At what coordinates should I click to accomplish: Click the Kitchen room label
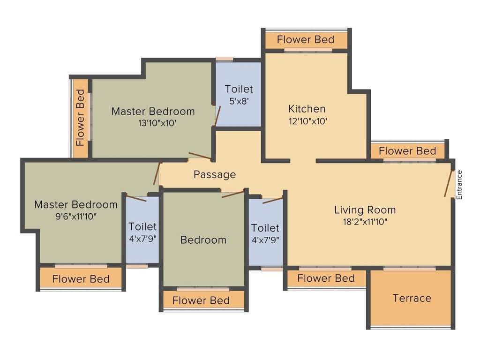(x=307, y=109)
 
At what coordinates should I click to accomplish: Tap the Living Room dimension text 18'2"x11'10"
(x=365, y=222)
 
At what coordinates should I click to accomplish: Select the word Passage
(x=215, y=175)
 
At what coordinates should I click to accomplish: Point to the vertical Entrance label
(x=459, y=185)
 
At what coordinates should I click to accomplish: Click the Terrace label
(x=412, y=298)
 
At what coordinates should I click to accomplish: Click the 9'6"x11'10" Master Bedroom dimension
(x=75, y=216)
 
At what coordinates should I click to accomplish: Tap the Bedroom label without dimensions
(x=203, y=240)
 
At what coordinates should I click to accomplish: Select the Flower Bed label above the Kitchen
(x=306, y=39)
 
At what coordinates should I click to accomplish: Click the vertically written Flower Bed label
(x=81, y=118)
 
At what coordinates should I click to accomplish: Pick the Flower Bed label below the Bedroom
(x=201, y=300)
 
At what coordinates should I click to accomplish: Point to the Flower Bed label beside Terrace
(x=326, y=278)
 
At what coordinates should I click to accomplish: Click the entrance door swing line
(x=449, y=183)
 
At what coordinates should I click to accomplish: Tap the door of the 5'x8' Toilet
(x=216, y=117)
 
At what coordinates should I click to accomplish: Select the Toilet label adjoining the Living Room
(x=265, y=228)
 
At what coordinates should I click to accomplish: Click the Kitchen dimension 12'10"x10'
(x=307, y=121)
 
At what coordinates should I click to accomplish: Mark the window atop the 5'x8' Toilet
(x=224, y=60)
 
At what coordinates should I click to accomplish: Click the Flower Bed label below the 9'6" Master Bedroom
(x=81, y=279)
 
